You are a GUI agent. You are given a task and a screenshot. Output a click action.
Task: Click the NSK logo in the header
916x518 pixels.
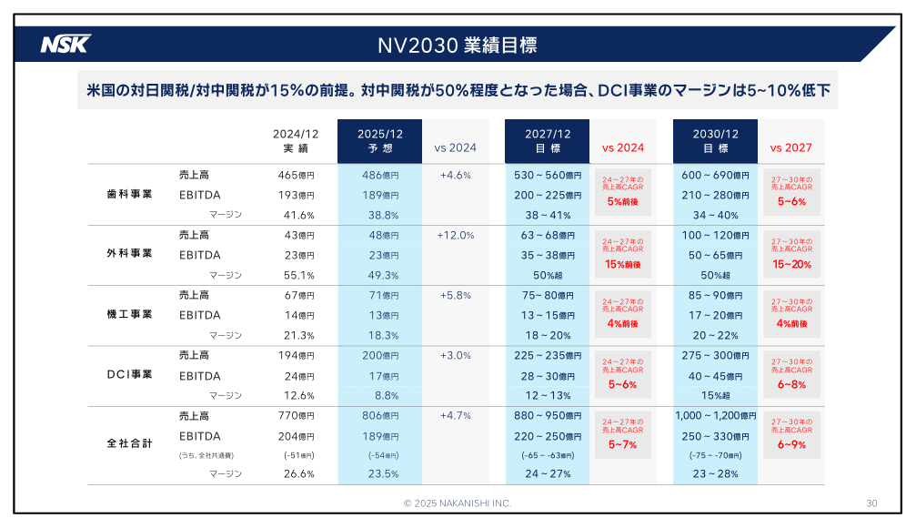pyautogui.click(x=65, y=44)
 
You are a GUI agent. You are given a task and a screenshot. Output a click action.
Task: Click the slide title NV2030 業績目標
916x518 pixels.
pyautogui.click(x=458, y=45)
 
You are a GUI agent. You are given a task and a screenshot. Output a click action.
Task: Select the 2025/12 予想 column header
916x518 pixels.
pyautogui.click(x=379, y=140)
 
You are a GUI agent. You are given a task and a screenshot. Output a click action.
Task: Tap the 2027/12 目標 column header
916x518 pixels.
pyautogui.click(x=548, y=140)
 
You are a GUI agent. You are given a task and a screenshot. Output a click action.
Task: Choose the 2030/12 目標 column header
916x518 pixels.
pyautogui.click(x=715, y=140)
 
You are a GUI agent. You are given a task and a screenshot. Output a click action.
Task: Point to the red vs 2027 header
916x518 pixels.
pyautogui.click(x=790, y=147)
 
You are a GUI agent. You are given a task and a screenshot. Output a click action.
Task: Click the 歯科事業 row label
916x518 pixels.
pyautogui.click(x=129, y=194)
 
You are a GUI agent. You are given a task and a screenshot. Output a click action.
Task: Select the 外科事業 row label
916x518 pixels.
pyautogui.click(x=129, y=254)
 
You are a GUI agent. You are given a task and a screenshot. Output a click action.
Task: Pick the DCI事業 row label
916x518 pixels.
pyautogui.click(x=129, y=374)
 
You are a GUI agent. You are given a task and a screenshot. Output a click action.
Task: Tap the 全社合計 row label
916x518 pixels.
pyautogui.click(x=129, y=443)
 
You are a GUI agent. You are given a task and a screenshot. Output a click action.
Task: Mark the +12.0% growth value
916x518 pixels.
pyautogui.click(x=456, y=235)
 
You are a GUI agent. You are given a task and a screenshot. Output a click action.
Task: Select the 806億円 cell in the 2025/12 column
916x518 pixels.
pyautogui.click(x=380, y=416)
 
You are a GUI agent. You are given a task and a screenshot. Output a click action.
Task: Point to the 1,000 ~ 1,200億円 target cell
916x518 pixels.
pyautogui.click(x=716, y=416)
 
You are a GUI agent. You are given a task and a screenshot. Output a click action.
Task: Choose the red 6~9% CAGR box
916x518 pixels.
pyautogui.click(x=790, y=435)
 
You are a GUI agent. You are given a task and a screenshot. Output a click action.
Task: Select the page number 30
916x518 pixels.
pyautogui.click(x=871, y=503)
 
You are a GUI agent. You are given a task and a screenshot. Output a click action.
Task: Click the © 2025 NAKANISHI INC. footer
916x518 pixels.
pyautogui.click(x=458, y=503)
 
